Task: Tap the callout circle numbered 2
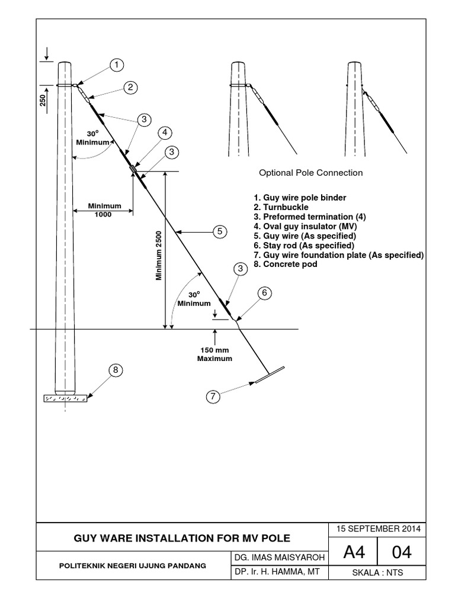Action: (130, 87)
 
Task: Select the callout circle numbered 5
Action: (220, 231)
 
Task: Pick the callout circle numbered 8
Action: (116, 371)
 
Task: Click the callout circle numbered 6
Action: (265, 292)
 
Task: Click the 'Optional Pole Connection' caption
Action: (310, 173)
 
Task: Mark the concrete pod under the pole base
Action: (65, 398)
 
